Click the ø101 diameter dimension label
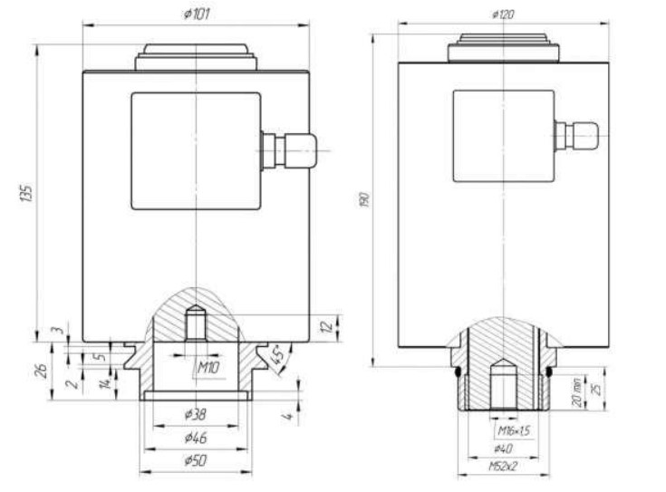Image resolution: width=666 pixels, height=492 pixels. point(197,14)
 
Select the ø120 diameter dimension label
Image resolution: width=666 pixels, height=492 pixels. point(503,14)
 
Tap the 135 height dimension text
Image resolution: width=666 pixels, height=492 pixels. point(26,193)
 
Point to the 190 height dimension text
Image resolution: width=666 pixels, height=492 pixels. point(364,199)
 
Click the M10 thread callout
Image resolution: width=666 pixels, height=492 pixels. point(208,367)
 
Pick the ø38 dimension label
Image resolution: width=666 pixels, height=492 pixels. point(196,413)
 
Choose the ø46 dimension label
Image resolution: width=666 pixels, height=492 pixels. point(196,438)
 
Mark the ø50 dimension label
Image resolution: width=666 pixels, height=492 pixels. point(196,460)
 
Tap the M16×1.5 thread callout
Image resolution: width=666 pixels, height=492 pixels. point(514,431)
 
